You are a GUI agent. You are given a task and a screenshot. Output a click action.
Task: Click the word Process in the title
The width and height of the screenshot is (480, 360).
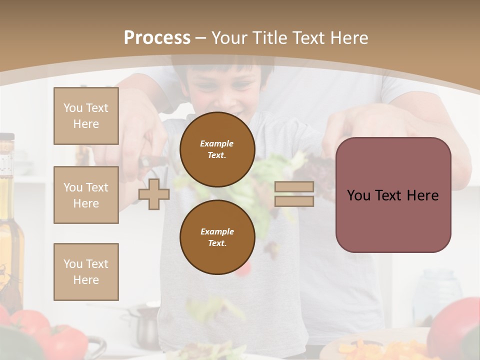coord(157,38)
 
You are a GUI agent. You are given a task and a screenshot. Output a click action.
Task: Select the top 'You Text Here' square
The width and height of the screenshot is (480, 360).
coord(86,116)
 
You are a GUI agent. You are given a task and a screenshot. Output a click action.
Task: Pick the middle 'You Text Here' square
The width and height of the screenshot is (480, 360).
coord(86,195)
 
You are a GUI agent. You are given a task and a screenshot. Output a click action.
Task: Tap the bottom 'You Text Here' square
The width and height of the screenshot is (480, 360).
coord(86,271)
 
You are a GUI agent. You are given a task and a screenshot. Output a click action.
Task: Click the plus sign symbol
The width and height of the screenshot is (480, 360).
coord(154,194)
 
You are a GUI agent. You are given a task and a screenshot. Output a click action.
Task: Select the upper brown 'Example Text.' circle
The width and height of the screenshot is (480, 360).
coord(217,149)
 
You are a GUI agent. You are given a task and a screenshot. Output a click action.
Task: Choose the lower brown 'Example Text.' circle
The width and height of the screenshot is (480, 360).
coord(217,237)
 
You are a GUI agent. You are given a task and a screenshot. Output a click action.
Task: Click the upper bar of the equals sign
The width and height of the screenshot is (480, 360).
coord(294,187)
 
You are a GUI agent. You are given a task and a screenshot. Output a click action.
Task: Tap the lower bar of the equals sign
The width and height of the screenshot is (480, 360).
coord(294,201)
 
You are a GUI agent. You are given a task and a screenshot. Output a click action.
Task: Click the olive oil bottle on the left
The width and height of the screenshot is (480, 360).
coord(9,220)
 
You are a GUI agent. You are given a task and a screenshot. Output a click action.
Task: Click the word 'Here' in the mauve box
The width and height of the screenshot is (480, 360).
coord(421,195)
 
